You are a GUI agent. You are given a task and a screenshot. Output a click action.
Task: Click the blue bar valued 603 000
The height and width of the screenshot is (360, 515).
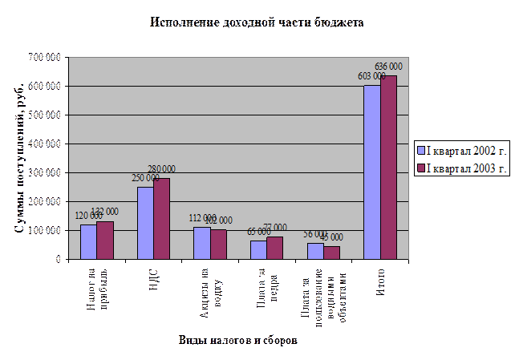click(x=371, y=172)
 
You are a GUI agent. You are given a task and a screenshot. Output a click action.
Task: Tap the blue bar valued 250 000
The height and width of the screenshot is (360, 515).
click(x=145, y=223)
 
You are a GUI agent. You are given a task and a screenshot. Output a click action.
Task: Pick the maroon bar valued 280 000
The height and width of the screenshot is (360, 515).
click(x=162, y=219)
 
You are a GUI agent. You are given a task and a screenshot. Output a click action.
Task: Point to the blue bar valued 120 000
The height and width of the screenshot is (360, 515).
click(x=88, y=242)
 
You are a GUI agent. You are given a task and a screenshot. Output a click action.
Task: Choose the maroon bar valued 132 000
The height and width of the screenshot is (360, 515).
click(x=105, y=241)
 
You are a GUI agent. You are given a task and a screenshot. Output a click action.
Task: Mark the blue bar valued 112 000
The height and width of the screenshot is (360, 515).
click(x=201, y=243)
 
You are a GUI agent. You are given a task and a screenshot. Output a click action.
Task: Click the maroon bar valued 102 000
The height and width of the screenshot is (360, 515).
click(x=218, y=245)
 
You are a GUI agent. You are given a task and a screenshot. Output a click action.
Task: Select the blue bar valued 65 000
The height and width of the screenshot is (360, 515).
click(x=258, y=250)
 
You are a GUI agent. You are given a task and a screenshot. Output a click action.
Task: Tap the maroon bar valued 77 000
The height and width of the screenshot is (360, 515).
click(x=275, y=248)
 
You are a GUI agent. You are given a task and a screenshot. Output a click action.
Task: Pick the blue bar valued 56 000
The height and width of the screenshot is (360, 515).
click(x=315, y=251)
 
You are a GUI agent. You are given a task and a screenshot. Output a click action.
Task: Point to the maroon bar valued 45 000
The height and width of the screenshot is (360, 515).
click(x=332, y=253)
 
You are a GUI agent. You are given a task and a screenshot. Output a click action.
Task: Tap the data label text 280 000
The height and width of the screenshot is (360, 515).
click(x=162, y=169)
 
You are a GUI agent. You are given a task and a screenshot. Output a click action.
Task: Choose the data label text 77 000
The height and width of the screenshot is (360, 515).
click(x=275, y=228)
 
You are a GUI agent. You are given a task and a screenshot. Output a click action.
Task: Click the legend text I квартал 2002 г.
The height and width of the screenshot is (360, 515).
click(x=468, y=150)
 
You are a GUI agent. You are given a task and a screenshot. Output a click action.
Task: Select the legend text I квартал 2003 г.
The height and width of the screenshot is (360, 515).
click(x=468, y=168)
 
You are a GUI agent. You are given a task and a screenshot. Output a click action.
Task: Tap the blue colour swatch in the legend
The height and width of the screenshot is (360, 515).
click(x=420, y=150)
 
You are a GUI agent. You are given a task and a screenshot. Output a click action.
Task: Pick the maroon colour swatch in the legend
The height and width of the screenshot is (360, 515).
click(x=420, y=168)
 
